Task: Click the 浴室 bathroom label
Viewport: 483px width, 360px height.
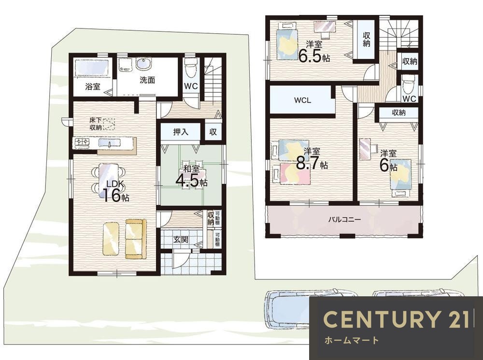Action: click(93, 86)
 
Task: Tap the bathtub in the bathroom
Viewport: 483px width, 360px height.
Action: click(92, 68)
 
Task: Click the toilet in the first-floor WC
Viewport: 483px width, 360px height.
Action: click(191, 68)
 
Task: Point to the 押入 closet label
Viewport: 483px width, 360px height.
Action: click(181, 132)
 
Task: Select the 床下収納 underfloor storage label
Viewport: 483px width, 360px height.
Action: click(96, 124)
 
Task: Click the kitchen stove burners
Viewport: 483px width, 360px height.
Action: click(81, 142)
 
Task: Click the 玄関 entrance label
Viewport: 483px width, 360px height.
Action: click(181, 239)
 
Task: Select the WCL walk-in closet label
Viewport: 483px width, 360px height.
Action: click(302, 100)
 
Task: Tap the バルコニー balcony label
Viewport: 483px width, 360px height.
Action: click(344, 220)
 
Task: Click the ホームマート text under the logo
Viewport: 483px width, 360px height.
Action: click(352, 340)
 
